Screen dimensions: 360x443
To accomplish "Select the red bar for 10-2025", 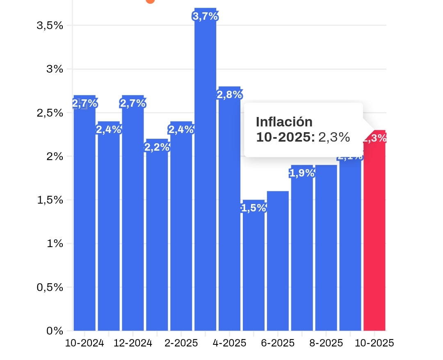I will (x=374, y=234).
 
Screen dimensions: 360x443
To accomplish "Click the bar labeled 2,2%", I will (x=157, y=238).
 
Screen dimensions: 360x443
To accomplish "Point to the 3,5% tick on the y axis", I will (x=50, y=25).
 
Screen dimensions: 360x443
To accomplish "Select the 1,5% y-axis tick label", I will (x=50, y=200).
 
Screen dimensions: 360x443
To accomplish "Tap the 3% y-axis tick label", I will (x=55, y=69).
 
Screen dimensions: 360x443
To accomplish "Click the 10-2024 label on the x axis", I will (x=84, y=343).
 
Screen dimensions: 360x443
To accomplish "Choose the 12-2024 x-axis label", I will (x=133, y=343).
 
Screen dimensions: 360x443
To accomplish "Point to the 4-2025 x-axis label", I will (x=229, y=343).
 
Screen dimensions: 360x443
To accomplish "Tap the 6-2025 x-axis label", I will (x=278, y=343).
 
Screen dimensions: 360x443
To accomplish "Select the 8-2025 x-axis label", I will (x=326, y=343).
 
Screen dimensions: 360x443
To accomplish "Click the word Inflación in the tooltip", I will (x=284, y=122).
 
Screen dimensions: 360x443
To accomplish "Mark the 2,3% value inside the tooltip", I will (x=334, y=138).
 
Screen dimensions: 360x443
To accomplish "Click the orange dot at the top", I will (x=150, y=1).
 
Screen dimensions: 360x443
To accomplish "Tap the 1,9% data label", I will (x=302, y=173).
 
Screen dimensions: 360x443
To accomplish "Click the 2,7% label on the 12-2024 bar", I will (x=133, y=103).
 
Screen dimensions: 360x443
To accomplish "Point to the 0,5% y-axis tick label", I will (x=50, y=287).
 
